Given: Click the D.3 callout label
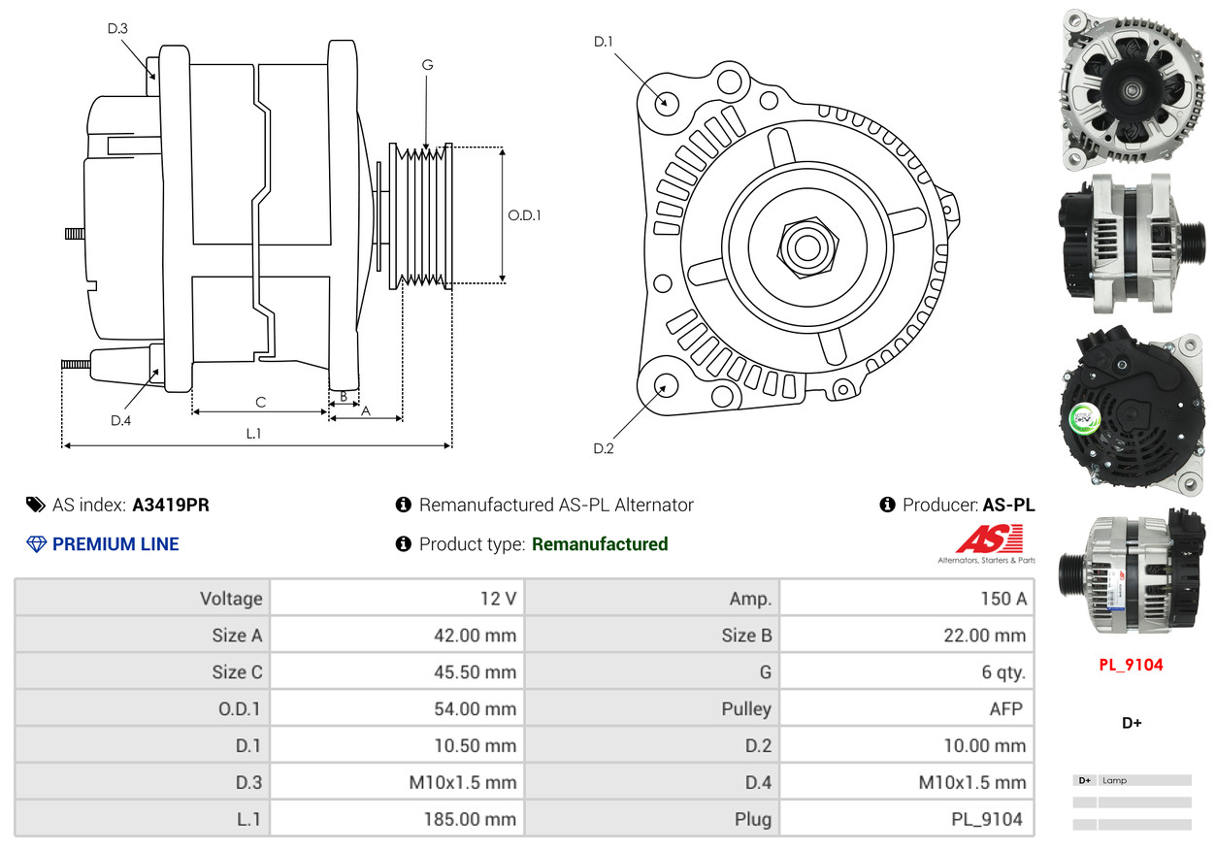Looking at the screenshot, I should click(x=117, y=28).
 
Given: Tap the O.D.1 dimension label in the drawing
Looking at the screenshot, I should click(x=524, y=215).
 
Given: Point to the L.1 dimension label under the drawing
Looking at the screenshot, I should click(x=252, y=434).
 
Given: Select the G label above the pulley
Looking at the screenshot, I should click(x=427, y=65).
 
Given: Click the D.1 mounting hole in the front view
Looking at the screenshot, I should click(x=666, y=102).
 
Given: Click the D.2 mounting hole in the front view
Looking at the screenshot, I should click(x=665, y=385).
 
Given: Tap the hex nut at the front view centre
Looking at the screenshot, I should click(x=805, y=245).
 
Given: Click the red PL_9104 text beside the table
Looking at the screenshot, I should click(x=1131, y=665).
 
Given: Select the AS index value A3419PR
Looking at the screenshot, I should click(x=171, y=505).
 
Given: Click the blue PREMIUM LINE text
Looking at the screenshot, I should click(x=115, y=544).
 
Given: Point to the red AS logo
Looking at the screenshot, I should click(x=989, y=539).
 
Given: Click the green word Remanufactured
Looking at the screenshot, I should click(x=600, y=544).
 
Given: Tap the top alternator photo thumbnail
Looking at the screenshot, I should click(x=1131, y=89).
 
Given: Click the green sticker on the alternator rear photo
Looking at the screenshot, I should click(x=1085, y=419).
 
